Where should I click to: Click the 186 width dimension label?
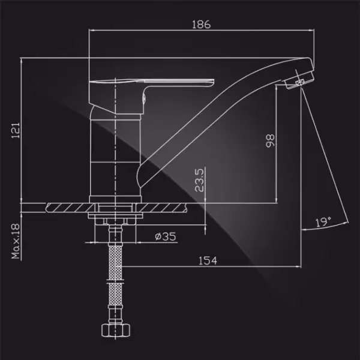tap(201, 25)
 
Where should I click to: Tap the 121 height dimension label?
tap(16, 131)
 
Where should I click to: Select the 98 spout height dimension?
tap(270, 140)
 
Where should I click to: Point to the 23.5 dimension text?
tap(199, 180)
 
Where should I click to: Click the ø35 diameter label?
tap(166, 236)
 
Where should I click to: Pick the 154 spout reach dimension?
tap(208, 260)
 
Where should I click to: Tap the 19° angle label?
tap(323, 221)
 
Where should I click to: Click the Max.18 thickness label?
tap(16, 241)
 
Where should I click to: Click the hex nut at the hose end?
tap(116, 331)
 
